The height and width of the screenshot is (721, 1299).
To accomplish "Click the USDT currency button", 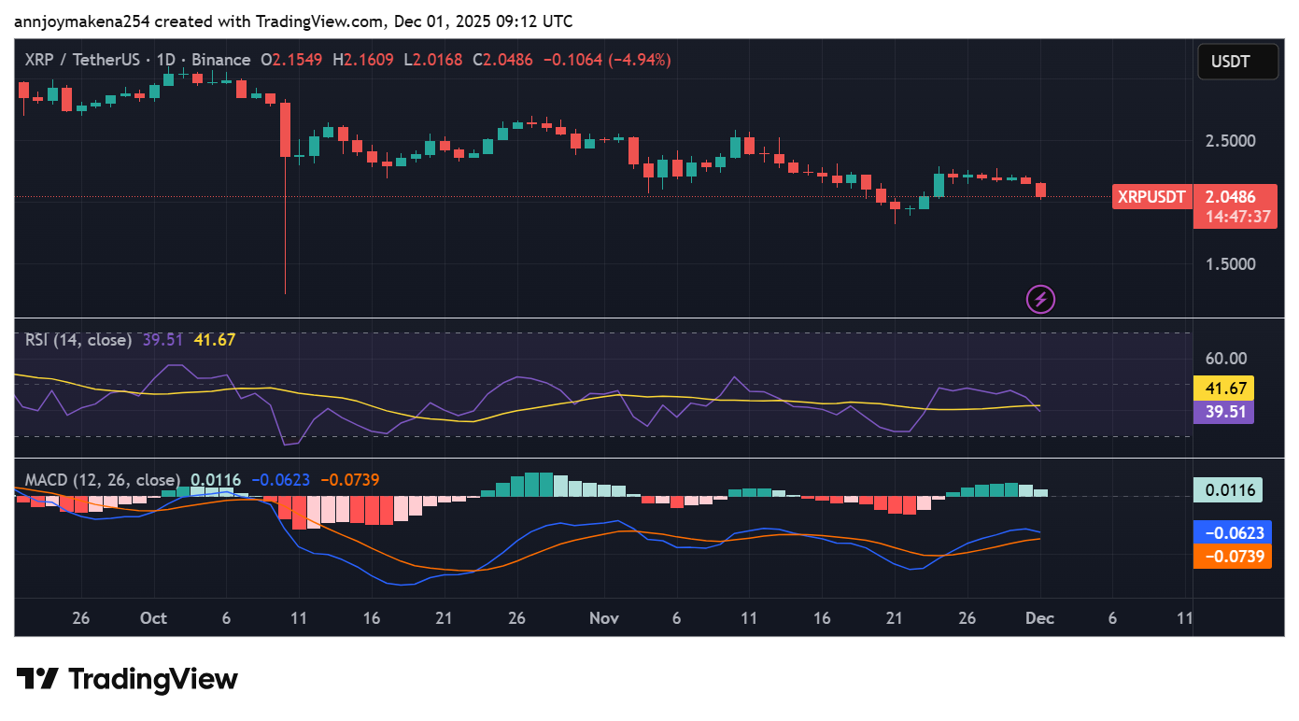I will [x=1237, y=63].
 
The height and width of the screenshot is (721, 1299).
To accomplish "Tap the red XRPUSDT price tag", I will [x=1151, y=197].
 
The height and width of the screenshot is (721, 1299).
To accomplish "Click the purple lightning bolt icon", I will [x=1040, y=300].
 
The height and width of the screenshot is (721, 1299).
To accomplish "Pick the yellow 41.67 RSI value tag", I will [x=1223, y=388].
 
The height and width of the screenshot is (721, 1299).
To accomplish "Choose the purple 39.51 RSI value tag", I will [x=1223, y=412].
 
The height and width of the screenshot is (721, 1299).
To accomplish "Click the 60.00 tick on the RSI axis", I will [x=1225, y=358].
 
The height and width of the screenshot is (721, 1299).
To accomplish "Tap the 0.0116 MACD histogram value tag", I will [x=1227, y=489].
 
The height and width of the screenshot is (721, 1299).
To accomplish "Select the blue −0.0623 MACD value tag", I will [x=1232, y=532].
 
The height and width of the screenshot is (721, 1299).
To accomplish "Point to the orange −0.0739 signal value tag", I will [x=1232, y=557].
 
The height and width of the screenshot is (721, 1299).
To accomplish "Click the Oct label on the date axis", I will [x=153, y=618].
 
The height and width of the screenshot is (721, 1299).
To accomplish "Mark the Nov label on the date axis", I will [x=604, y=618].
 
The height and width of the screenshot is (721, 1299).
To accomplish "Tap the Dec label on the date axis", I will [x=1039, y=618].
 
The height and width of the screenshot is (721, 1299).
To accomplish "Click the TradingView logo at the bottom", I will [x=127, y=679].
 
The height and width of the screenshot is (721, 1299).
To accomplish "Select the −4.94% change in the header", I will [x=640, y=60].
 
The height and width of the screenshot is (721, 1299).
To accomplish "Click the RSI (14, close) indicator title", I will [x=78, y=340].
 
